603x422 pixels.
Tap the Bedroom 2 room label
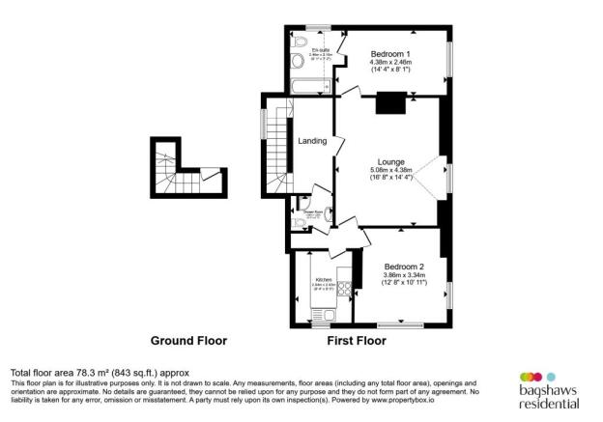pyautogui.click(x=404, y=266)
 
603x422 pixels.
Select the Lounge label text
pyautogui.click(x=391, y=161)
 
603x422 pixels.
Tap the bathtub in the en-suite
pyautogui.click(x=310, y=89)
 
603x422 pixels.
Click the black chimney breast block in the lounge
pyautogui.click(x=391, y=102)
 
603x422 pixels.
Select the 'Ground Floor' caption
pyautogui.click(x=188, y=341)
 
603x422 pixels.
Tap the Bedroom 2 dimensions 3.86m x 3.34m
pyautogui.click(x=404, y=276)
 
